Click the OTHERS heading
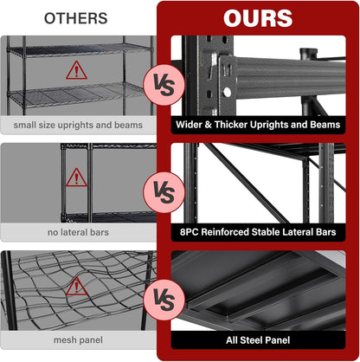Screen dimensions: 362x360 76,17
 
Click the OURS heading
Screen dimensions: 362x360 258,18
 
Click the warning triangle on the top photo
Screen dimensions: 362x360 77,69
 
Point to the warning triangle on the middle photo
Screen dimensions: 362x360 77,177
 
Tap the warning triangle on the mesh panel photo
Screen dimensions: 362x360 77,285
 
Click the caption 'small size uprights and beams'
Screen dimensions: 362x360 77,126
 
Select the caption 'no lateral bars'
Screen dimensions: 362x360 77,233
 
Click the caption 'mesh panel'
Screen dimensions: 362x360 77,340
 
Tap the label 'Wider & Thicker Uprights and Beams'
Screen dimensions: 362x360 258,126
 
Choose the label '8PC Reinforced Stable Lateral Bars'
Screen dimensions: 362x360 258,233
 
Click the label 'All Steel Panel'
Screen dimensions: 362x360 258,340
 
